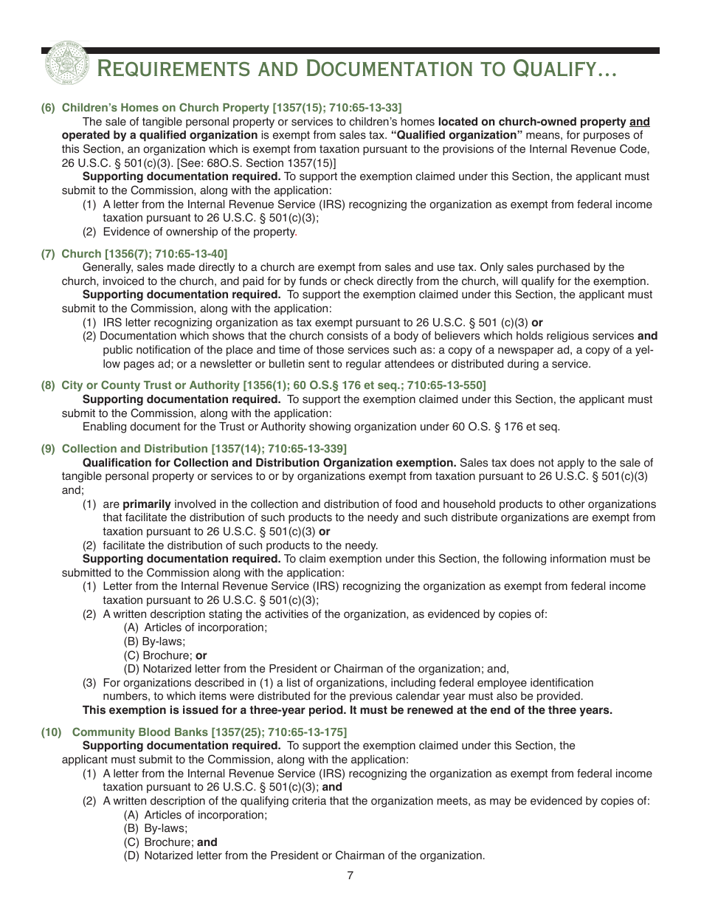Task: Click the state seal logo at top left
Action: [65, 64]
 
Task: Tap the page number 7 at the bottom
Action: [350, 876]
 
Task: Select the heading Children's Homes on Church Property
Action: [231, 108]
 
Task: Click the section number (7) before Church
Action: [48, 254]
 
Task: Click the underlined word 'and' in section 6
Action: [640, 121]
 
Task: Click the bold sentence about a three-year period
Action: [347, 710]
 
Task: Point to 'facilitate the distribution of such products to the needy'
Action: [240, 546]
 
